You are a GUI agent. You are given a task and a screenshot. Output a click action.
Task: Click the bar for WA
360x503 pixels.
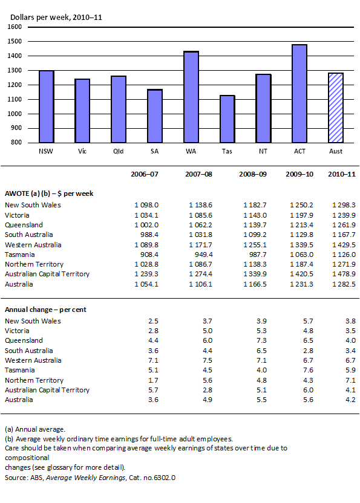(x=191, y=97)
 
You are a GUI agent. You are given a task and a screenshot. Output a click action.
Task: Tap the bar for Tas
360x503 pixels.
(x=227, y=118)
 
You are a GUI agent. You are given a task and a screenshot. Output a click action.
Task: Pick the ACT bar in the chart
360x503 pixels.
(x=299, y=93)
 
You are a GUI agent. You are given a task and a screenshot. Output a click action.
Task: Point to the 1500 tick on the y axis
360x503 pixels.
(x=16, y=42)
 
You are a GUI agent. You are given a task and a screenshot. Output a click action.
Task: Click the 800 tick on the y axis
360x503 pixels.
(x=18, y=143)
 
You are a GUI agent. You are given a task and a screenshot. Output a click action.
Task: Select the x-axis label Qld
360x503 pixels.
(x=119, y=151)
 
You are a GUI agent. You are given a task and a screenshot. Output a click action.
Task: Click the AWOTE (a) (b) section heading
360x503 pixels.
(x=48, y=193)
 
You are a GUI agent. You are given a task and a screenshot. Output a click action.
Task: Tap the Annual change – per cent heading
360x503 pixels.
(x=45, y=310)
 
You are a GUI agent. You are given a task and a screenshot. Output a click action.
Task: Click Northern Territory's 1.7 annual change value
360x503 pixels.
(x=152, y=380)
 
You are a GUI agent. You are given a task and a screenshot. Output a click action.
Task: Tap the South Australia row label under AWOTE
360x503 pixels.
(x=29, y=235)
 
